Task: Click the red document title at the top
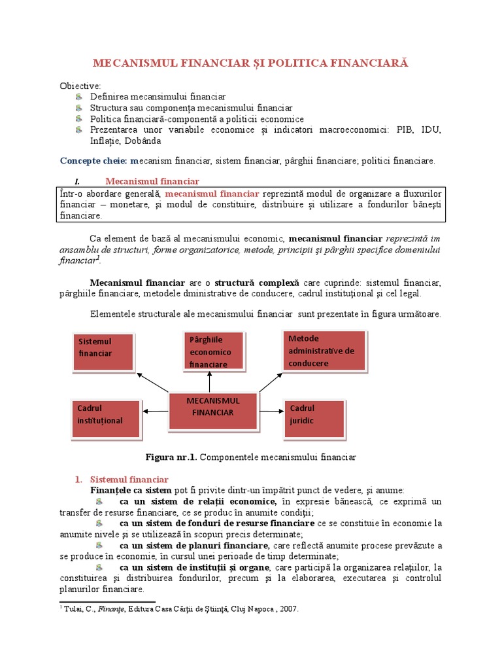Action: tap(250, 63)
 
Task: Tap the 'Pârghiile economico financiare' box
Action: tap(214, 351)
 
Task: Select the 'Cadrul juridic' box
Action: tap(314, 418)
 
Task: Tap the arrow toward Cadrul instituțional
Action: tap(156, 411)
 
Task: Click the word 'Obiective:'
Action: tap(80, 86)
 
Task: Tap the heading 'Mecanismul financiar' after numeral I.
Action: tap(152, 181)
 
